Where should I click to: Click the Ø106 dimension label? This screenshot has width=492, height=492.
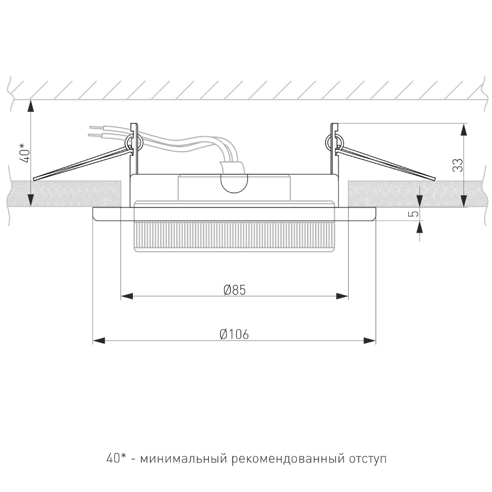tap(234, 335)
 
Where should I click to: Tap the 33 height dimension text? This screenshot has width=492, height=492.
tap(458, 165)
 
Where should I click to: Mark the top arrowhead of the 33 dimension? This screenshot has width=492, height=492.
tap(464, 129)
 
